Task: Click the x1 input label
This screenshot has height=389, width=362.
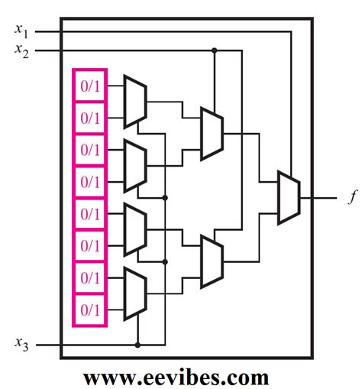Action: click(22, 31)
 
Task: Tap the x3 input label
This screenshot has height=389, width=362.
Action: click(22, 345)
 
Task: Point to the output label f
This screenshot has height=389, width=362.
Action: click(351, 197)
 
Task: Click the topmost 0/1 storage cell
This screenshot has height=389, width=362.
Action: click(90, 86)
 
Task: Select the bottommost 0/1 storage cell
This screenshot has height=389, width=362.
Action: click(90, 310)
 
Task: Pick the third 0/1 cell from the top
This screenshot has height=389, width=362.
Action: click(90, 150)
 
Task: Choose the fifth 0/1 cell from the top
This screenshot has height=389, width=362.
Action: click(90, 214)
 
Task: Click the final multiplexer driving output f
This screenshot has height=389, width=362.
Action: click(288, 197)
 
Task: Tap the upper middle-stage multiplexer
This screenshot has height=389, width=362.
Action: click(212, 134)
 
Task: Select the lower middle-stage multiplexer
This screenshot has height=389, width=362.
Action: click(212, 261)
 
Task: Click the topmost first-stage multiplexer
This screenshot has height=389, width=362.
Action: click(134, 102)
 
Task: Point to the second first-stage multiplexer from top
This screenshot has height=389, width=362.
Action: click(134, 166)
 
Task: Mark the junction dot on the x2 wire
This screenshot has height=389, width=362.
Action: click(215, 50)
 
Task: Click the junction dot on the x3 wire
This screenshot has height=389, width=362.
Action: click(137, 345)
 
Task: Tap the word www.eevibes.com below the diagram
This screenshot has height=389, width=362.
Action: click(176, 377)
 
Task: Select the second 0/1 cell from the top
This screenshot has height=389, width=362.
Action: click(90, 118)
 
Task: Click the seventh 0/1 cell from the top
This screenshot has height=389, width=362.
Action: click(90, 278)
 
